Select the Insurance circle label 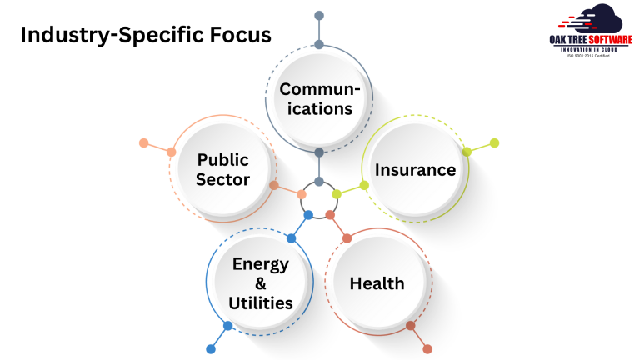click(x=415, y=170)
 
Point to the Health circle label click(x=377, y=283)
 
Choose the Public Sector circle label click(x=223, y=169)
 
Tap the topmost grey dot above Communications click(x=318, y=16)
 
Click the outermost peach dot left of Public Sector click(x=143, y=143)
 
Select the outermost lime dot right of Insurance click(x=494, y=143)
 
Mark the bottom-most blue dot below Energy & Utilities click(x=210, y=349)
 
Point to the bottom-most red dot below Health click(x=427, y=349)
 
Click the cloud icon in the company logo click(x=593, y=18)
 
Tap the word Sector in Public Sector click(x=223, y=179)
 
